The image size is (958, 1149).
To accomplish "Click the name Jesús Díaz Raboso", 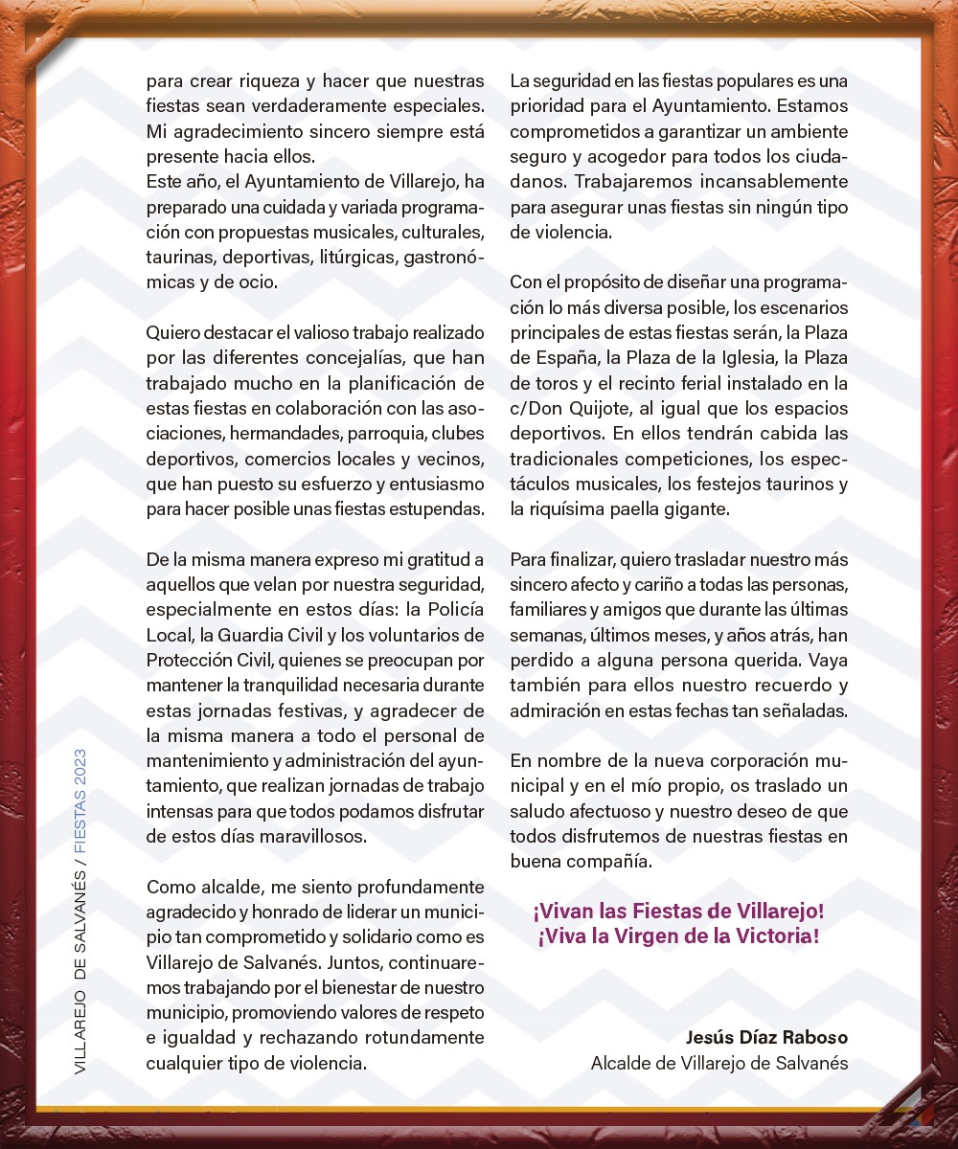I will tap(766, 1038).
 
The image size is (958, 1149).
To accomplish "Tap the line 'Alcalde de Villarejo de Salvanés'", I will tap(718, 1063).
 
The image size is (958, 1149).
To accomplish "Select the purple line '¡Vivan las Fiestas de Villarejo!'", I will tap(678, 910).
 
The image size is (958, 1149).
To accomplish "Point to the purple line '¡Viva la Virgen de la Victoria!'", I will tap(678, 935).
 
